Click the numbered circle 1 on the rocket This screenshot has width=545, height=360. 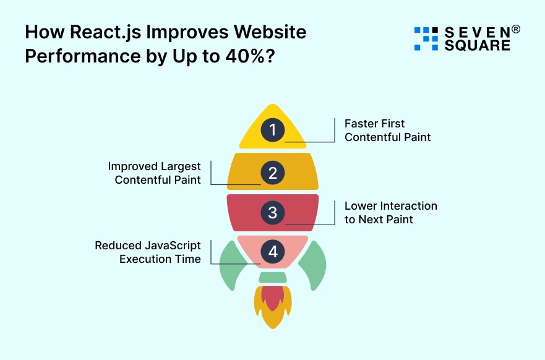tap(273, 130)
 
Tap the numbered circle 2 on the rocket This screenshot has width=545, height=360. tap(273, 172)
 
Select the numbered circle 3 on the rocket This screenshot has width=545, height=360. tap(273, 213)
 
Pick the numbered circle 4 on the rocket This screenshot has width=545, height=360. tap(273, 252)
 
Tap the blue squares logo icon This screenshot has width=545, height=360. tap(426, 38)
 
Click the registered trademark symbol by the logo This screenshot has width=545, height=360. tap(516, 28)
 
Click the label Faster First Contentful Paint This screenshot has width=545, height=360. tap(387, 131)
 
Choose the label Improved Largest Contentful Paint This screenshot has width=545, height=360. tap(155, 173)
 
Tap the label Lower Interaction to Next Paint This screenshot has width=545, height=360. tap(390, 212)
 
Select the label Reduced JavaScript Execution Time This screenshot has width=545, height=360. tap(148, 252)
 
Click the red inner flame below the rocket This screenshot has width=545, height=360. tap(273, 298)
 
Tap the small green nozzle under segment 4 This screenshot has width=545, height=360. tap(273, 277)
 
